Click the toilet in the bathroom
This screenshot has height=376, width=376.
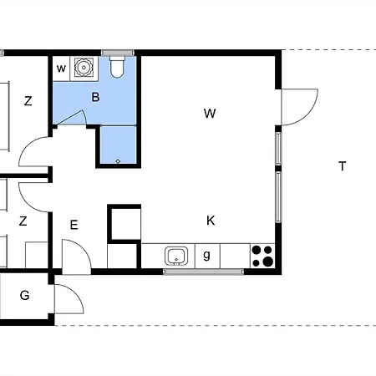pyautogui.click(x=117, y=67)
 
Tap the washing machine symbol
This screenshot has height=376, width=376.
pyautogui.click(x=84, y=67)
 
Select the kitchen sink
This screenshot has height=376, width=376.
pyautogui.click(x=176, y=256)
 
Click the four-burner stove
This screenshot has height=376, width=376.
pyautogui.click(x=262, y=256)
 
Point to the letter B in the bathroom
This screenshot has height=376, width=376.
pyautogui.click(x=95, y=97)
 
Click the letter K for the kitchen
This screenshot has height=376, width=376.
pyautogui.click(x=211, y=221)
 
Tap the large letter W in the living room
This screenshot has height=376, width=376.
pyautogui.click(x=210, y=114)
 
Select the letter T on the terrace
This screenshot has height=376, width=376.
pyautogui.click(x=343, y=166)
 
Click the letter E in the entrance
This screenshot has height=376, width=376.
pyautogui.click(x=74, y=225)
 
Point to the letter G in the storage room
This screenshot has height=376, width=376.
pyautogui.click(x=24, y=295)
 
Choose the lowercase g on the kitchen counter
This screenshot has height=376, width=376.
pyautogui.click(x=206, y=255)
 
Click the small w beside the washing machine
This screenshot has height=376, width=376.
pyautogui.click(x=61, y=69)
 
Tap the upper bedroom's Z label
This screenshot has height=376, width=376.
pyautogui.click(x=28, y=101)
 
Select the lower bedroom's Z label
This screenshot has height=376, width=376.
pyautogui.click(x=23, y=221)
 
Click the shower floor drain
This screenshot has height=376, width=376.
pyautogui.click(x=118, y=161)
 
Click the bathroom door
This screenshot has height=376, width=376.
pyautogui.click(x=72, y=117)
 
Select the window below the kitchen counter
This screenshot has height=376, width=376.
pyautogui.click(x=203, y=272)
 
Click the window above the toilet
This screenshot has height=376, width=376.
pyautogui.click(x=118, y=53)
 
